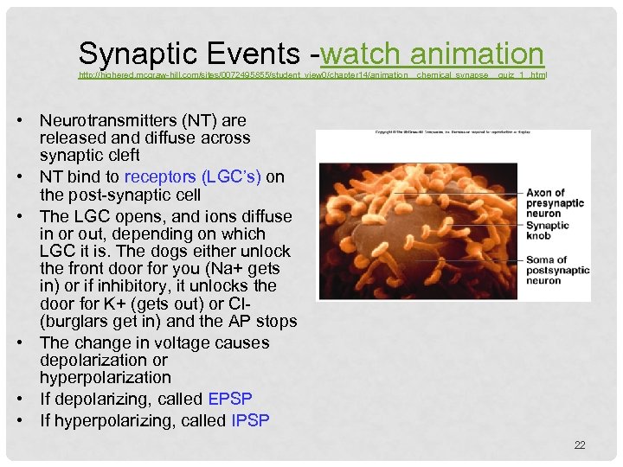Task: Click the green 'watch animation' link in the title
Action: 432,54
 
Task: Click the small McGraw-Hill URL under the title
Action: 312,75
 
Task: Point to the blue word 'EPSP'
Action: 230,400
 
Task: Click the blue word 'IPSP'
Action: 251,421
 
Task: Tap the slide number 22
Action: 580,445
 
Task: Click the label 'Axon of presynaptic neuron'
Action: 556,204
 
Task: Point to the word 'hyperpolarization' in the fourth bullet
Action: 106,378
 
